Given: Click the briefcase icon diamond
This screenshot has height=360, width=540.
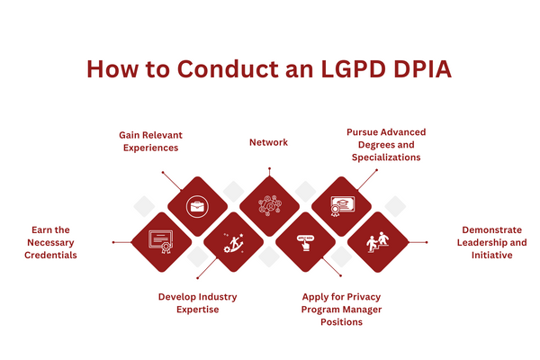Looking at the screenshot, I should click(196, 206).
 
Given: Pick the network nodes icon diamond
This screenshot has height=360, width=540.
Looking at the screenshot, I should click(268, 206).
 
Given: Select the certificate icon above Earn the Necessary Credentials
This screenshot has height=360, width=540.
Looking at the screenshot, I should click(162, 242).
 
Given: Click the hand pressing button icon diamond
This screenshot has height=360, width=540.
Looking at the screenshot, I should click(305, 242).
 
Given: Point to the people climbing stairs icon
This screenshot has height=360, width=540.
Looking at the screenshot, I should click(378, 242).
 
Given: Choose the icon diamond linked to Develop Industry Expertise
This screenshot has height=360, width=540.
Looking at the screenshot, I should click(232, 242).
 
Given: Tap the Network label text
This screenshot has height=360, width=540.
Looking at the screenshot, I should click(268, 142).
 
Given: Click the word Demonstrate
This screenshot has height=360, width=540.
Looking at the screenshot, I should click(496, 229).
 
